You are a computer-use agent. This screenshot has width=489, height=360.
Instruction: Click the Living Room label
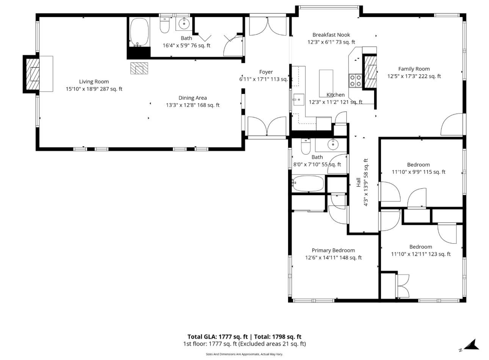coord(94,81)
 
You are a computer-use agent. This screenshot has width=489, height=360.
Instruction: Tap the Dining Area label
coord(193,98)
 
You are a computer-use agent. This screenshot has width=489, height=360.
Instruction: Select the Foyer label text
coord(266,72)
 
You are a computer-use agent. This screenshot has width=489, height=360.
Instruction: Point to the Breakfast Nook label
coord(331,35)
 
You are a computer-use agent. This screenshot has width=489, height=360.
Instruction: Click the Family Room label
coord(414,69)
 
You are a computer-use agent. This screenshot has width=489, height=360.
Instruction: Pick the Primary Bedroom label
coord(333,250)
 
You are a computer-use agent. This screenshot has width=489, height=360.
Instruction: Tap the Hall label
coord(359,182)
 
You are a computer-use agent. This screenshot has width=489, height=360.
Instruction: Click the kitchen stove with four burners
coord(356,81)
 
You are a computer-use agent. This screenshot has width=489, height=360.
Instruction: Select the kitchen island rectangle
coord(326,83)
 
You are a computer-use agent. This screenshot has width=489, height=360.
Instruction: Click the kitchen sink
coord(298,100)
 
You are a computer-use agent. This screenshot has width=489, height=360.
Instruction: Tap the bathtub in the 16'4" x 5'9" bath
coord(139,32)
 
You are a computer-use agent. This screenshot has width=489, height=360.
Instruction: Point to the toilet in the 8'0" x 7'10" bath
coord(306,146)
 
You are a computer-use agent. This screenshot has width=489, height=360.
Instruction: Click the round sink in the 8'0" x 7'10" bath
coord(333,144)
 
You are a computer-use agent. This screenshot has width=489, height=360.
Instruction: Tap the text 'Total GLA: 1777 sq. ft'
coord(218,337)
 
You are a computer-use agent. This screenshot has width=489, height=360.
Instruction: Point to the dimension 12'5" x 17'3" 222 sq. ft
coord(414,77)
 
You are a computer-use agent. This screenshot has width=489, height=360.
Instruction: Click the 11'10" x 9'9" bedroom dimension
coord(418,172)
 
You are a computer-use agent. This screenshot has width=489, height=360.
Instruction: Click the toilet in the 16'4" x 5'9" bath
coord(165,25)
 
